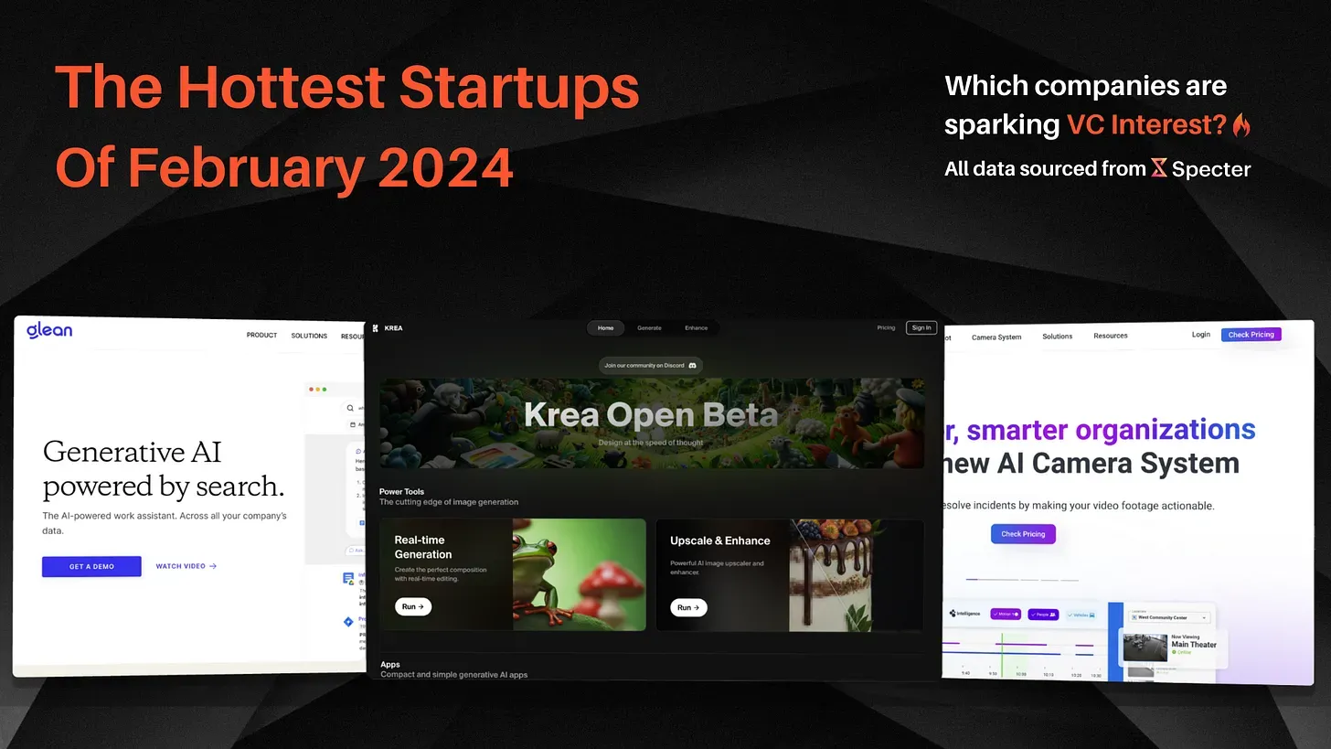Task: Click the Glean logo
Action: click(x=49, y=330)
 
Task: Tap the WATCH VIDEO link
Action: click(x=186, y=566)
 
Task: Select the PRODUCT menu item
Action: click(x=261, y=336)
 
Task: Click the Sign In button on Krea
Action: click(x=921, y=327)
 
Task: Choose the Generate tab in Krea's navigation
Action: click(x=649, y=327)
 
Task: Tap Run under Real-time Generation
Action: click(x=413, y=606)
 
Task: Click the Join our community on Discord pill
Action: click(x=650, y=365)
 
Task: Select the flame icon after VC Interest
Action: click(x=1240, y=125)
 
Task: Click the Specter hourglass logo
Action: click(x=1158, y=167)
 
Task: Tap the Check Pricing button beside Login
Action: click(x=1251, y=335)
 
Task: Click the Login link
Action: click(x=1200, y=335)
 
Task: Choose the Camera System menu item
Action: click(x=996, y=337)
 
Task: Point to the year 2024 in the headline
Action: click(x=445, y=167)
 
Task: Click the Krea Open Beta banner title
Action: click(x=650, y=415)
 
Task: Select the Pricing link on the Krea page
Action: click(x=886, y=327)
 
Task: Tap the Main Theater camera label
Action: click(x=1194, y=645)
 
